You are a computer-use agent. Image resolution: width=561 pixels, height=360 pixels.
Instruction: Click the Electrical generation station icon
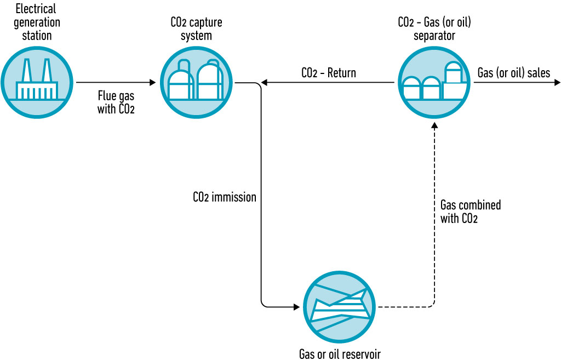[x=36, y=83]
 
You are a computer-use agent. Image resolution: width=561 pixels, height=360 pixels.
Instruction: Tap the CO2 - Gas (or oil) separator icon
[x=434, y=83]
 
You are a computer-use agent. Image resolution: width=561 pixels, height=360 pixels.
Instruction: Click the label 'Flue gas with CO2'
[x=116, y=101]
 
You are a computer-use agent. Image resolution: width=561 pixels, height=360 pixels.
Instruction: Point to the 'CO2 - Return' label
[x=328, y=73]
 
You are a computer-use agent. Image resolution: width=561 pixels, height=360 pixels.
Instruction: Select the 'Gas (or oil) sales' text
[x=513, y=73]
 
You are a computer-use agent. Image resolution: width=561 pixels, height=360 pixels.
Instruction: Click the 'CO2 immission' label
[x=225, y=197]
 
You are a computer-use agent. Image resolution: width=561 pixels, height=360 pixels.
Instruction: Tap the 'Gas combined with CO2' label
[x=470, y=212]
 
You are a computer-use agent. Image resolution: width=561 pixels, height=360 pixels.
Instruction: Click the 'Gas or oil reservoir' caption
[x=339, y=353]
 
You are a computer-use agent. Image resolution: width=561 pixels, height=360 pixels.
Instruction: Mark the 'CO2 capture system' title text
[x=196, y=29]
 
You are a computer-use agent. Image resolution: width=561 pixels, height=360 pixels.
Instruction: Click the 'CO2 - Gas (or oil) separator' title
[x=434, y=29]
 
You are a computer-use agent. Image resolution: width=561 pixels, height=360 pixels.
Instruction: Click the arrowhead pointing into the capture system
[x=153, y=83]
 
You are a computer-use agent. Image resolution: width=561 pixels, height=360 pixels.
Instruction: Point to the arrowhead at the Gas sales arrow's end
[x=557, y=83]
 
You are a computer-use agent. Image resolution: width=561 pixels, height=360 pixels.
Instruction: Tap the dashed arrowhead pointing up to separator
[x=434, y=125]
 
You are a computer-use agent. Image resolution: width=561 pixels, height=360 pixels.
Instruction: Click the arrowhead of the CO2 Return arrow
[x=265, y=83]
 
